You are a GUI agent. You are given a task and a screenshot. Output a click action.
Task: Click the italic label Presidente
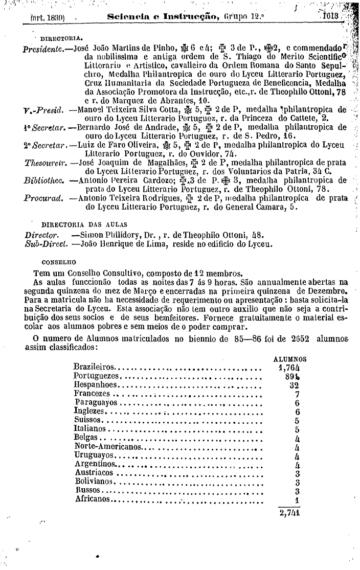coord(44,50)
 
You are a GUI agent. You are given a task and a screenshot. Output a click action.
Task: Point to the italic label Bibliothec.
coord(44,180)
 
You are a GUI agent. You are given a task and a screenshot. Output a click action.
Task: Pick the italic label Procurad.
coord(43,198)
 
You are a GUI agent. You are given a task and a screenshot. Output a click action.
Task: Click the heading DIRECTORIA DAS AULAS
coord(84,224)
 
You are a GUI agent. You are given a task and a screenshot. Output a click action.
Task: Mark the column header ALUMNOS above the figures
coord(290,359)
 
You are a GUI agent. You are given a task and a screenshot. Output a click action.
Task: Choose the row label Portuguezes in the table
coord(96,376)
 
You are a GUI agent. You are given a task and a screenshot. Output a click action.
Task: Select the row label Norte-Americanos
coord(107,447)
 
